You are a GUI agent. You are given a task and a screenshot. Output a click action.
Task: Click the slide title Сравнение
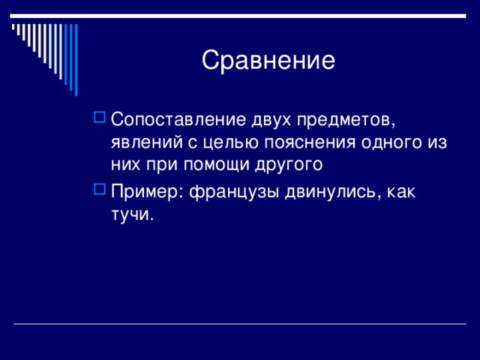click(x=268, y=60)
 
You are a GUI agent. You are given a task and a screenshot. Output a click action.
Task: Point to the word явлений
click(x=147, y=142)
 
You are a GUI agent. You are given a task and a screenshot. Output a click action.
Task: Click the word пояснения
click(x=310, y=142)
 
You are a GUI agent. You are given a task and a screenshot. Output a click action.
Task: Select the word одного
click(x=391, y=143)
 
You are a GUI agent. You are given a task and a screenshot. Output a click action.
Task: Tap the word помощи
click(x=217, y=165)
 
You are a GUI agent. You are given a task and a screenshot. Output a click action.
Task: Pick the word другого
click(x=289, y=165)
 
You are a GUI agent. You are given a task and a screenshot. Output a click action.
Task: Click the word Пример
click(x=145, y=193)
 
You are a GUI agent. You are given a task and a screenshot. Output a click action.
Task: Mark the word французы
click(x=234, y=193)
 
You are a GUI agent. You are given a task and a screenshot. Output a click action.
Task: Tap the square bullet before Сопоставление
click(x=100, y=117)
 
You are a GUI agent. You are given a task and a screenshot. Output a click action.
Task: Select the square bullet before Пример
click(x=100, y=189)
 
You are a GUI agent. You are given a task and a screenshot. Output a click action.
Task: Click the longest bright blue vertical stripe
click(x=76, y=60)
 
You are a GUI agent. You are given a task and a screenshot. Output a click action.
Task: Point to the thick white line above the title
click(x=238, y=16)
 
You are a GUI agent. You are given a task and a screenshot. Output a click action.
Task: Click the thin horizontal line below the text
click(x=240, y=323)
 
